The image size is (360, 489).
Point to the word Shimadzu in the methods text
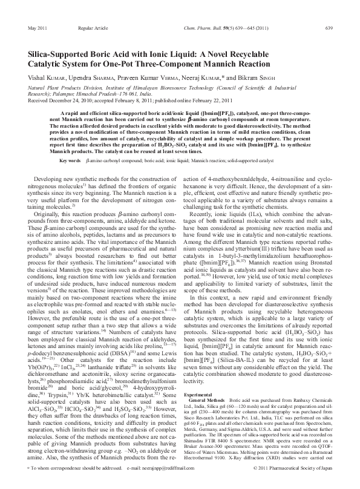click(x=198, y=441)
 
